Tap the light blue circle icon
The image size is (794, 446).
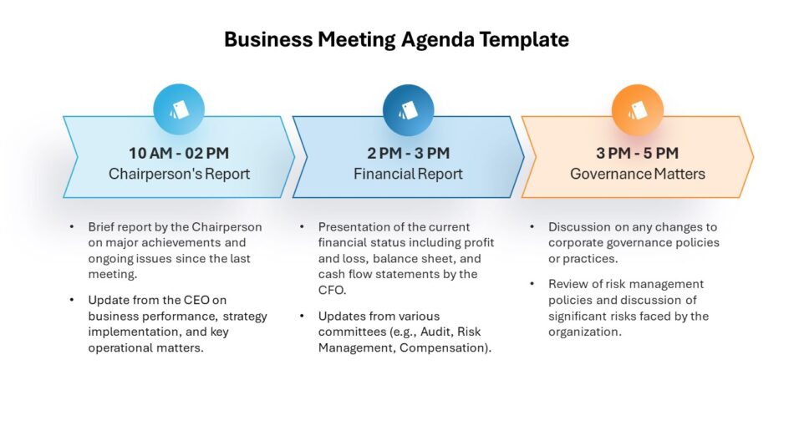pos(179,109)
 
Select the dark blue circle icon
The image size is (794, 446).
pos(408,110)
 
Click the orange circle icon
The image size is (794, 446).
pos(638,110)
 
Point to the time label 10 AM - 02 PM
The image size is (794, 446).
pos(179,153)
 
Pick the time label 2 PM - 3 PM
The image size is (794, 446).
pos(408,153)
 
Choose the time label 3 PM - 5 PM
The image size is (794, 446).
pos(637,153)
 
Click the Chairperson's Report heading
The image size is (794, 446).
pos(179,174)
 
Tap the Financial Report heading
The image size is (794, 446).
pos(408,174)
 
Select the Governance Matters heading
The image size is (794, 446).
pos(638,174)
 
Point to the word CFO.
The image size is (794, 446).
pos(331,290)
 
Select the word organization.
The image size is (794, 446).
pos(583,332)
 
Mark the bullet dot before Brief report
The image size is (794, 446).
pos(72,227)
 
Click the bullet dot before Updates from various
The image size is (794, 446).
pos(302,316)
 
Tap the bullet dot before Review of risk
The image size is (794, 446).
pos(532,284)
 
